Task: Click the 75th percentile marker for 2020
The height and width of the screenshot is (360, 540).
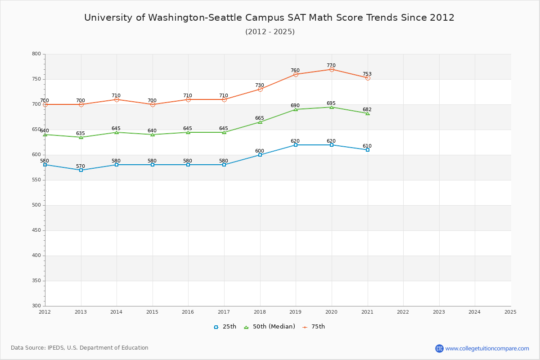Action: [332, 69]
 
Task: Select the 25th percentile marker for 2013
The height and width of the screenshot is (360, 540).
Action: [81, 170]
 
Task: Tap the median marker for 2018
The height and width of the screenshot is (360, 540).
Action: [260, 122]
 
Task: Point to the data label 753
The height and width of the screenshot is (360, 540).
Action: [367, 74]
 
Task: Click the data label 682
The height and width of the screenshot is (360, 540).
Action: [367, 110]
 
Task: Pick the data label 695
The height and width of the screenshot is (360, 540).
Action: [331, 103]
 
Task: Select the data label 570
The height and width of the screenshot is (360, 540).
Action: [81, 166]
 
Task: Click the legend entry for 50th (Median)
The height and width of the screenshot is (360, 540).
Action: [269, 327]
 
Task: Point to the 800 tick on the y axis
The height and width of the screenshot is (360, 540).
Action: [36, 54]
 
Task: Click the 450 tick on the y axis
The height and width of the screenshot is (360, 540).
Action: [36, 230]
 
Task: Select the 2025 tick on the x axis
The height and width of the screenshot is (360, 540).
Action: [510, 312]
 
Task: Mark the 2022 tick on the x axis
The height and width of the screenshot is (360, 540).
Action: [403, 312]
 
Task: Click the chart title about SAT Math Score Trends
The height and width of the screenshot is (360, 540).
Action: [270, 18]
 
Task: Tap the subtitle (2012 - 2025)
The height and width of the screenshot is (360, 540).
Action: [270, 32]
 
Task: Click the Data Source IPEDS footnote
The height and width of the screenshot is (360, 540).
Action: [80, 348]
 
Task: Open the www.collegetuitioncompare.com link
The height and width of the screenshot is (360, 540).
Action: [487, 348]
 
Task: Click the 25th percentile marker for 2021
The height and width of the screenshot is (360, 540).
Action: [368, 150]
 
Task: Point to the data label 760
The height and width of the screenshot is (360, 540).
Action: [295, 71]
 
